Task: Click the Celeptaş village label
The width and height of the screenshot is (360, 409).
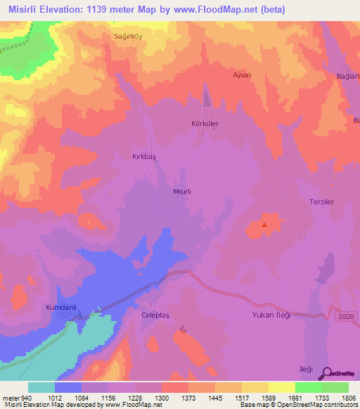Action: [156, 315]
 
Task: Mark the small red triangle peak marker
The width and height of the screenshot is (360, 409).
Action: [264, 226]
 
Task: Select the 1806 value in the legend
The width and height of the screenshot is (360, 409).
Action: [349, 398]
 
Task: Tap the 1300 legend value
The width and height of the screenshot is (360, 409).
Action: [162, 398]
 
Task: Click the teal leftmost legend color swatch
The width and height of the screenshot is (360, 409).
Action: [41, 387]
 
